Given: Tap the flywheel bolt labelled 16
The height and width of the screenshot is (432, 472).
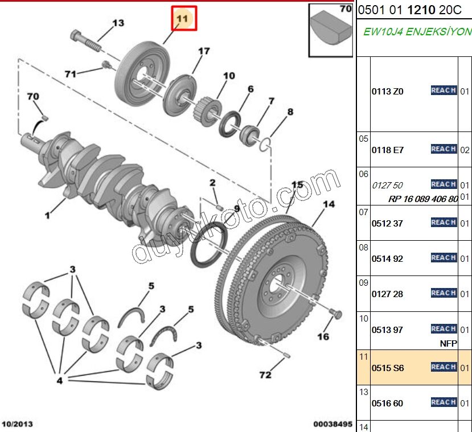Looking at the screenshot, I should pos(335,313).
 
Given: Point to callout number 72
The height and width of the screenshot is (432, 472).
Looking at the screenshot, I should pos(265,376).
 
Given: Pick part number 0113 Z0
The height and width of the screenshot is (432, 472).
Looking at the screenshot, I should pos(387,91).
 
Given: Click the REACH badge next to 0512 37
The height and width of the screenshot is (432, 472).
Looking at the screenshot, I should pos(444,223).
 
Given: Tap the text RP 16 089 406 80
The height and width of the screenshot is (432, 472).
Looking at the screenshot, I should pos(422,199).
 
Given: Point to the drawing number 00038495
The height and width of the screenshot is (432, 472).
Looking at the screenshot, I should pos(333,424).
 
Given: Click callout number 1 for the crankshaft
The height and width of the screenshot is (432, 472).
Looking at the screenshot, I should pos(47,216).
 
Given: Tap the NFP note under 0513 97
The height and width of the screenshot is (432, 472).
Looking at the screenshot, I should pos(449,343).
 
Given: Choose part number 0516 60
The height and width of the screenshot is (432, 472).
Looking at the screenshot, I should pos(387,404).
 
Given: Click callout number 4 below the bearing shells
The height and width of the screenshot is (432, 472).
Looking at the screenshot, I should pos(59,381).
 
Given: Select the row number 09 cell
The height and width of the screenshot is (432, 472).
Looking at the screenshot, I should pos(363,282).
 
